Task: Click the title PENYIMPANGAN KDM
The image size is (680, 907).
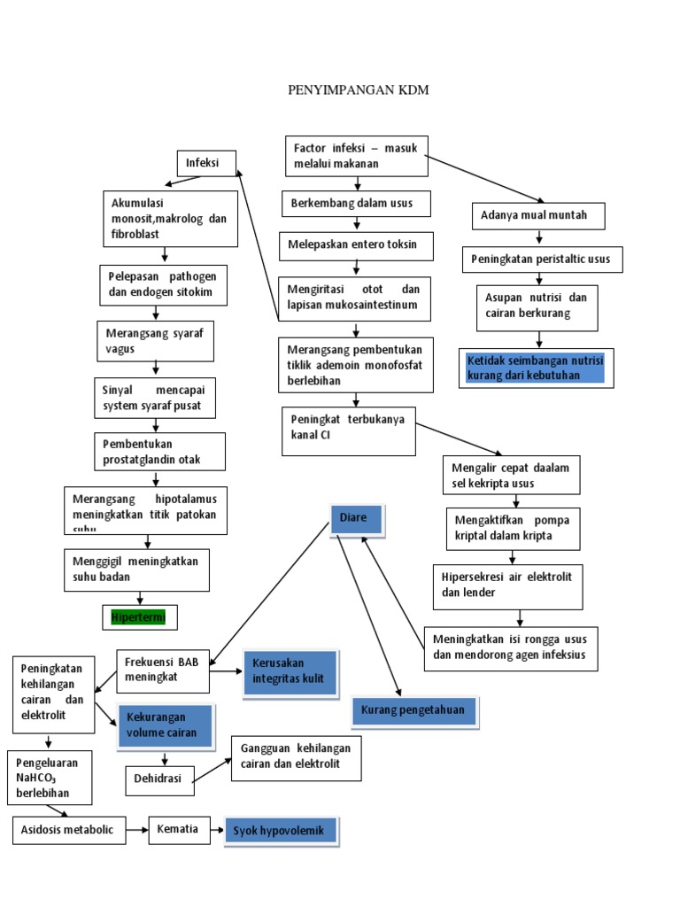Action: pyautogui.click(x=359, y=90)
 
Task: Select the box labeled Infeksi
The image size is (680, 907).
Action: pyautogui.click(x=205, y=164)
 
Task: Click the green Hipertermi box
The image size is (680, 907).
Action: pyautogui.click(x=139, y=616)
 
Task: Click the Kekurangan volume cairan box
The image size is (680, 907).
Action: pyautogui.click(x=166, y=725)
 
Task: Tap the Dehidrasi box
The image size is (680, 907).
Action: pyautogui.click(x=158, y=780)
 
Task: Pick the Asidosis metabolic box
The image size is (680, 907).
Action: pyautogui.click(x=69, y=830)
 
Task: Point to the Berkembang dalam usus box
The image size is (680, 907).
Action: pyautogui.click(x=358, y=205)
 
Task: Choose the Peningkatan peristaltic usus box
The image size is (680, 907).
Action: pyautogui.click(x=542, y=260)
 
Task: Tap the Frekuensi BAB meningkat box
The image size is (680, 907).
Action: pyautogui.click(x=164, y=671)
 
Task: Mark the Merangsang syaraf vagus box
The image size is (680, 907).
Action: pyautogui.click(x=156, y=341)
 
